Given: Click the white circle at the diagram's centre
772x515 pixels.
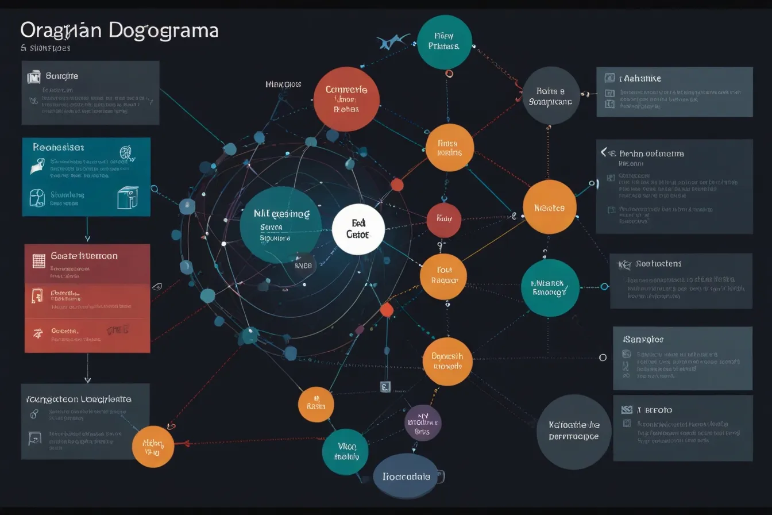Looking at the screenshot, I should click(x=358, y=229).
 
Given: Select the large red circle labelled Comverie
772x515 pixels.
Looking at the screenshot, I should click(x=346, y=99).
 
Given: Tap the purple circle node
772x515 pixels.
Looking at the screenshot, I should click(x=423, y=422).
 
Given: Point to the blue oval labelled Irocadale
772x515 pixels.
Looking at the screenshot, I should click(x=406, y=476).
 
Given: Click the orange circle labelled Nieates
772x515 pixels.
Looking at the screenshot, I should click(x=549, y=207).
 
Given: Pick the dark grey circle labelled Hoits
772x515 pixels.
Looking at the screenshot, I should click(x=550, y=95).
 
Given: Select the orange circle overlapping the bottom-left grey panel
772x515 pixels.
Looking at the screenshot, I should click(x=153, y=446).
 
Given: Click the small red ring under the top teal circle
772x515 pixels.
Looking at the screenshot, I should click(x=449, y=73).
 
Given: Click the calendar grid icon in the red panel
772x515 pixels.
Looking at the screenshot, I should click(x=39, y=260).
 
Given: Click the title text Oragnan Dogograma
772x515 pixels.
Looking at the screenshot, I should click(x=119, y=30).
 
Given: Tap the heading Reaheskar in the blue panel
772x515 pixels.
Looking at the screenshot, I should click(x=59, y=147).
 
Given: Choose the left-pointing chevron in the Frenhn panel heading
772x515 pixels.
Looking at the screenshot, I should click(x=604, y=152).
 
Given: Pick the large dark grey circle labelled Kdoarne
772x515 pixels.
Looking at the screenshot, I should click(x=573, y=432).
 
